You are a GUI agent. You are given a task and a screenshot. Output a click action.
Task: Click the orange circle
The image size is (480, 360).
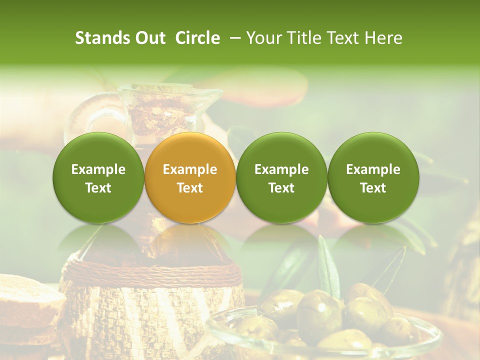(190, 177)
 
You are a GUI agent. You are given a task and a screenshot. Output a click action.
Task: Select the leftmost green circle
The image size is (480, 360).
(98, 177)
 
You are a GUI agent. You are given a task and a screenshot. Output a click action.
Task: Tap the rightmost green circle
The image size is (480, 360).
(373, 177)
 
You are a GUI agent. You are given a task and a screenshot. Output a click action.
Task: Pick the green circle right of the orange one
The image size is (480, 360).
(281, 177)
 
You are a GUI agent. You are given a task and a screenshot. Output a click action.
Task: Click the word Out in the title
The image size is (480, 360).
(150, 38)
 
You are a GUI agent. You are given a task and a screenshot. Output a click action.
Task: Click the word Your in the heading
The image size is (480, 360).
(263, 38)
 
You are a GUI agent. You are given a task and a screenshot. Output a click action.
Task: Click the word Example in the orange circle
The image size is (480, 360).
(190, 169)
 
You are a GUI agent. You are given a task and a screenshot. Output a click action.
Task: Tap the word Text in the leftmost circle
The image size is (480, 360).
(98, 188)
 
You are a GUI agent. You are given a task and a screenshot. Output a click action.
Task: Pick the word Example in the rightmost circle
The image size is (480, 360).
(373, 169)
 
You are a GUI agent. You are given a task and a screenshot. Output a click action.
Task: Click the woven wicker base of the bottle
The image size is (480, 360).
(150, 315)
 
